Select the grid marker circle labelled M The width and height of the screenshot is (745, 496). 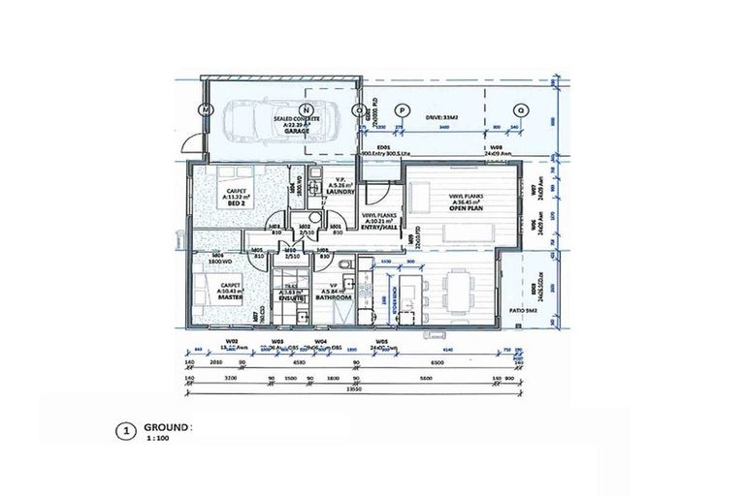pyautogui.click(x=205, y=110)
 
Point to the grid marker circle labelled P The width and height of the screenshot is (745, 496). pyautogui.click(x=404, y=110)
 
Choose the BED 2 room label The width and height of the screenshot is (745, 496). pyautogui.click(x=234, y=204)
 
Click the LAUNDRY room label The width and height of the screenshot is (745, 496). pyautogui.click(x=341, y=192)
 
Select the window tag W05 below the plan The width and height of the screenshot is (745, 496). pyautogui.click(x=381, y=340)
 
